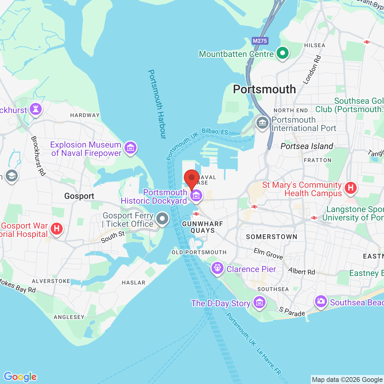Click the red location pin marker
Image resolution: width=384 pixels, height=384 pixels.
click(x=192, y=178)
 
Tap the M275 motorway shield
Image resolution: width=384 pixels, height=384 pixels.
click(x=260, y=41)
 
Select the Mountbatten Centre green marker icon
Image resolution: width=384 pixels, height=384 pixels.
click(x=282, y=53)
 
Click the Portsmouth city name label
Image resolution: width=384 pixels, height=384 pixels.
click(x=264, y=89)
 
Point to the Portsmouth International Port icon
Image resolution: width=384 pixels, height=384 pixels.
click(x=262, y=123)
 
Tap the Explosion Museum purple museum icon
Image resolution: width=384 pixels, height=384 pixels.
click(x=130, y=148)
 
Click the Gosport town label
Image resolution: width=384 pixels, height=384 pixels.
click(x=79, y=196)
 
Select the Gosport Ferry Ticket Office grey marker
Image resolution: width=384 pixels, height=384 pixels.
click(x=162, y=219)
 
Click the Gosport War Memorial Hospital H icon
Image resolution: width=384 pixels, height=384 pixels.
click(x=56, y=229)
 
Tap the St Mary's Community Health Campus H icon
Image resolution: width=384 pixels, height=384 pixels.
click(x=351, y=188)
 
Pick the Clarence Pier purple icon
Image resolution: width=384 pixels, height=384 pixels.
click(x=217, y=268)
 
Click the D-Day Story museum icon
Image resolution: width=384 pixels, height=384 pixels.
click(x=259, y=302)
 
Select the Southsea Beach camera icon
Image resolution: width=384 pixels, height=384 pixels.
click(x=321, y=301)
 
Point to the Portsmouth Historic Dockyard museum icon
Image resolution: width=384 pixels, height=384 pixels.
click(x=196, y=196)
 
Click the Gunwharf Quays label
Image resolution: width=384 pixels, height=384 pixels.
click(x=202, y=227)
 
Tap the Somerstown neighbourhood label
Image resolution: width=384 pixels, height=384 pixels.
click(x=271, y=237)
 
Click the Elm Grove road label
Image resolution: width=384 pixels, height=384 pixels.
click(x=268, y=253)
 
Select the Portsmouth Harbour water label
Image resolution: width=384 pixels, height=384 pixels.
click(x=157, y=104)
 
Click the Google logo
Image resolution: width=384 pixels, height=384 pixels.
click(x=20, y=377)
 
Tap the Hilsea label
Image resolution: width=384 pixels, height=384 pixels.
click(x=314, y=45)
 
